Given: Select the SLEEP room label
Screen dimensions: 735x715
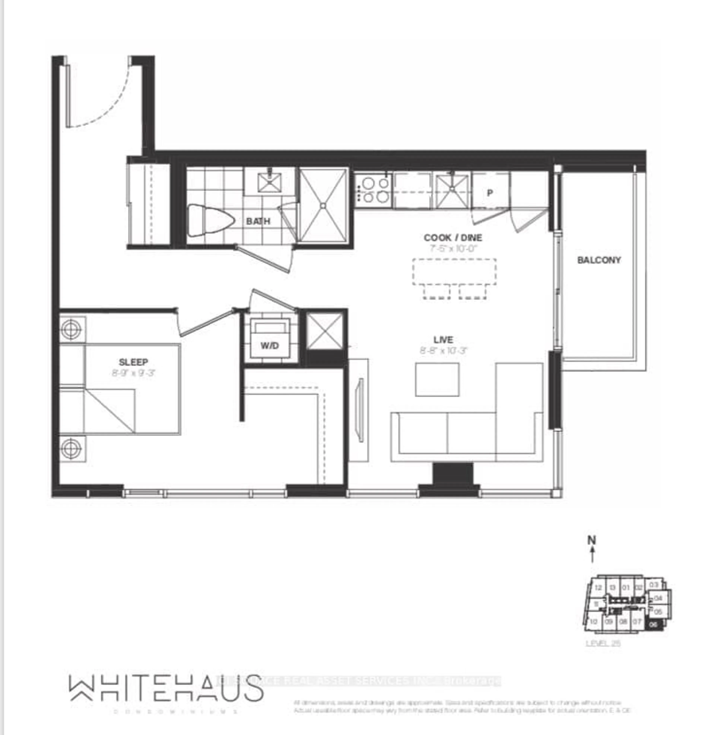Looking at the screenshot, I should pos(133,362).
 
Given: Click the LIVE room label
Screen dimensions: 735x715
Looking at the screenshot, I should pos(443,340).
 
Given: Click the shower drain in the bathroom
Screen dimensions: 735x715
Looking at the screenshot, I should pos(323,206).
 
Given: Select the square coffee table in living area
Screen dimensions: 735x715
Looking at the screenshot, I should pos(437,380).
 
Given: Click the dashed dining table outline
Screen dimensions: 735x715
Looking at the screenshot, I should pos(454,272).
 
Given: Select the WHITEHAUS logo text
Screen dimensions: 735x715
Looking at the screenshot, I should pos(166,688).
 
